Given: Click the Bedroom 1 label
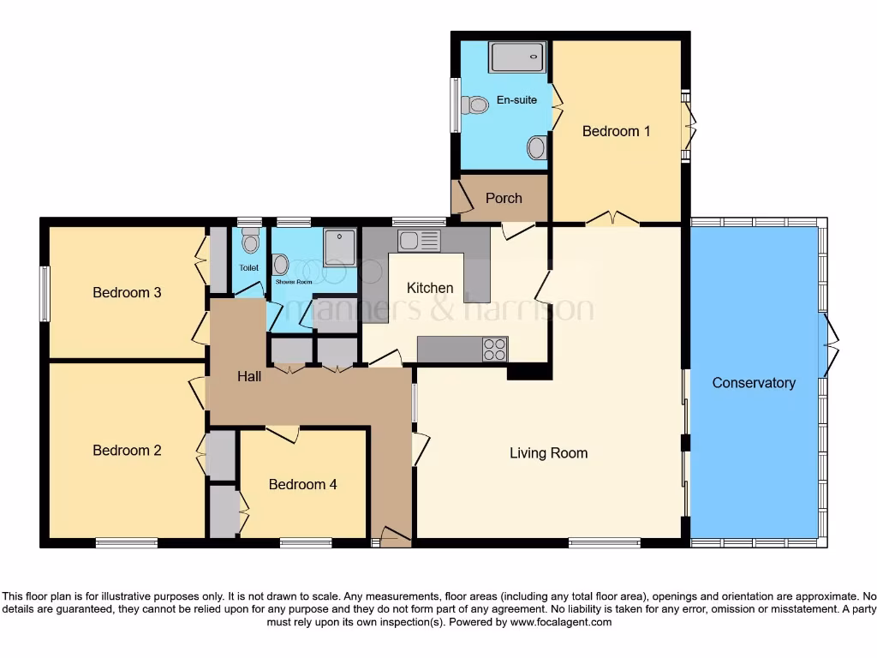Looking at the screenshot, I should (x=616, y=131).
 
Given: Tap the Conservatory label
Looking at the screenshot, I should (x=754, y=383).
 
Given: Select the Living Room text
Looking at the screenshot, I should (x=548, y=453).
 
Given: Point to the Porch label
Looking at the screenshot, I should (x=504, y=198).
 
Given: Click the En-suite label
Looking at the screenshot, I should (x=516, y=100).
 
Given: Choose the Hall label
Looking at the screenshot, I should (x=249, y=376).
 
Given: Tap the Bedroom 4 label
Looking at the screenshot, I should (x=302, y=484).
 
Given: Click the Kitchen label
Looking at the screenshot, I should (x=430, y=288).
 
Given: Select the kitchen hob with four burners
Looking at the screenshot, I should (x=495, y=350).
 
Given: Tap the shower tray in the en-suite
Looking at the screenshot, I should (x=517, y=57).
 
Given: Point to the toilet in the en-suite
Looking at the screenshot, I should (x=474, y=105).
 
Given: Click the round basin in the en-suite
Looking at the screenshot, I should (x=536, y=147).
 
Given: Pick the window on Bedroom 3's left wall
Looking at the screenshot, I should (x=45, y=293).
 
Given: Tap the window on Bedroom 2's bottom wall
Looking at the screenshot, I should (x=126, y=542).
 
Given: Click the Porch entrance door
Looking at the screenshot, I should (x=462, y=198).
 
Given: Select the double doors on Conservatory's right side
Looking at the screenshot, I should (x=829, y=345).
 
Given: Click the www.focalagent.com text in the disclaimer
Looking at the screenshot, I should (x=561, y=622).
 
